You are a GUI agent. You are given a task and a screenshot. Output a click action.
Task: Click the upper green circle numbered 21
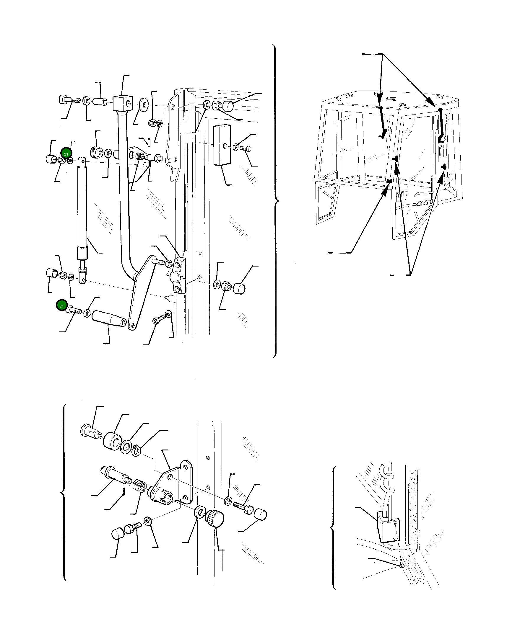(x=66, y=154)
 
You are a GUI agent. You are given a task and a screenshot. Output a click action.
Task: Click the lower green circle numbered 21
(x=62, y=306)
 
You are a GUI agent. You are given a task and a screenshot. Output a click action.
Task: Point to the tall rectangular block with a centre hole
(x=222, y=144)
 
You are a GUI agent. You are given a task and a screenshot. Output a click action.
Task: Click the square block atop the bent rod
(x=122, y=103)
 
